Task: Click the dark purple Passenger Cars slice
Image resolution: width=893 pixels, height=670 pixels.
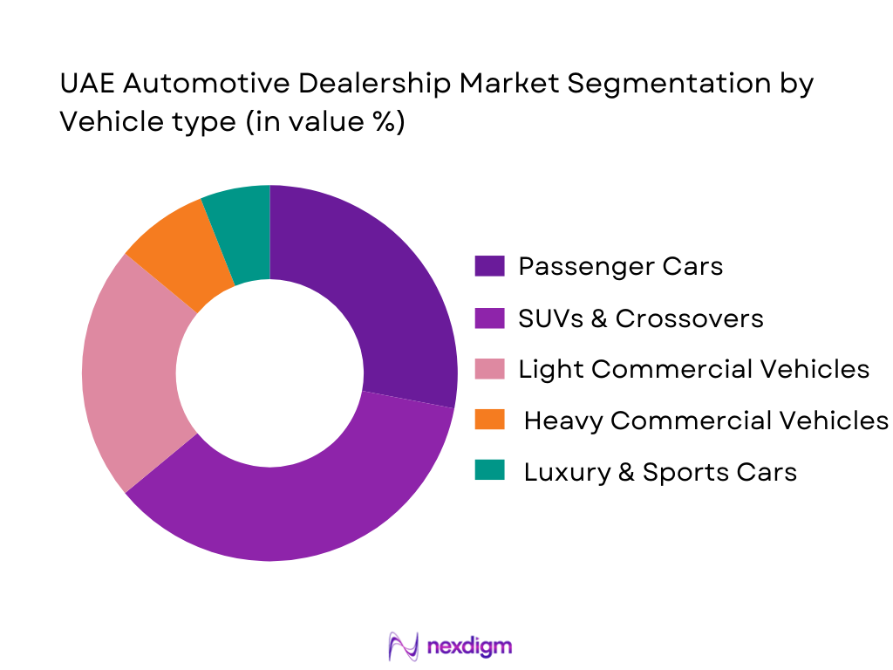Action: pyautogui.click(x=384, y=288)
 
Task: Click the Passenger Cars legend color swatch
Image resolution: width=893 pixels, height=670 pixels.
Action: pyautogui.click(x=489, y=266)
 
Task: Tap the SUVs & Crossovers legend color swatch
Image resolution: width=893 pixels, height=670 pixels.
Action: pyautogui.click(x=489, y=318)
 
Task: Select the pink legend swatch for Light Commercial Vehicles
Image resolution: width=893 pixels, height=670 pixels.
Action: pyautogui.click(x=489, y=369)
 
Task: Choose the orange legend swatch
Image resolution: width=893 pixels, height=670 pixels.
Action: pyautogui.click(x=489, y=420)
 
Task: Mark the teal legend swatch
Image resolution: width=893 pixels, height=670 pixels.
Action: pyautogui.click(x=489, y=472)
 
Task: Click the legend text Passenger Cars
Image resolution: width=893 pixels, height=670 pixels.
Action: pyautogui.click(x=620, y=266)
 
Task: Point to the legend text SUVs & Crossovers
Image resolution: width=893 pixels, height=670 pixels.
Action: pyautogui.click(x=641, y=318)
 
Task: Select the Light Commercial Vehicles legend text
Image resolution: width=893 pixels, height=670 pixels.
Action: pyautogui.click(x=693, y=369)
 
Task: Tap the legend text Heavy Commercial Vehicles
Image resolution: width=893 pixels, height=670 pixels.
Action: pyautogui.click(x=706, y=420)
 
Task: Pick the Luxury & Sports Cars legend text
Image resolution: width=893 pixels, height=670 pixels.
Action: pyautogui.click(x=660, y=472)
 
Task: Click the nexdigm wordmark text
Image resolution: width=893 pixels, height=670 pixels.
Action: pyautogui.click(x=470, y=646)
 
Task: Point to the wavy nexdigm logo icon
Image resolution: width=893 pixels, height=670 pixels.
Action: pyautogui.click(x=404, y=646)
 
